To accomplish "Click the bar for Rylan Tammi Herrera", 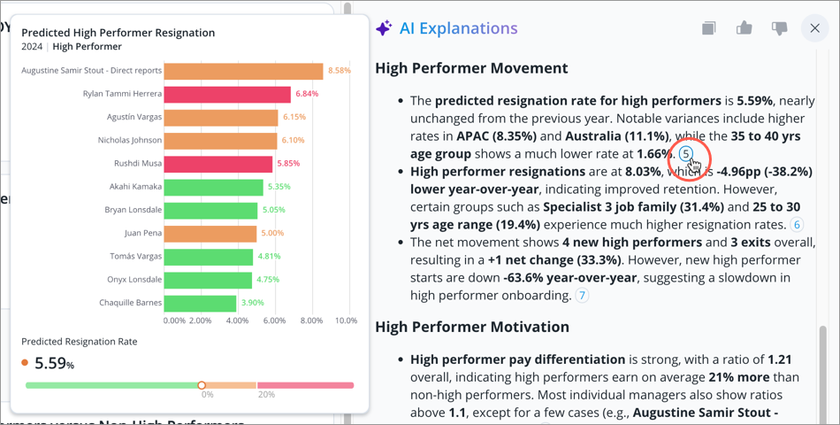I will pyautogui.click(x=227, y=95).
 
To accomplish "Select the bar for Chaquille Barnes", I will pyautogui.click(x=200, y=303).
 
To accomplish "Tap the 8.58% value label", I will pyautogui.click(x=340, y=71).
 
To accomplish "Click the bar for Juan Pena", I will pyautogui.click(x=210, y=234).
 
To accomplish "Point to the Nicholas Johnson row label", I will pyautogui.click(x=129, y=140).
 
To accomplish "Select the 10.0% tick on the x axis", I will pyautogui.click(x=346, y=321).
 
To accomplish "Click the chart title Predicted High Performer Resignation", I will pyautogui.click(x=118, y=33).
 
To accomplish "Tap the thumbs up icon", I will pyautogui.click(x=744, y=28).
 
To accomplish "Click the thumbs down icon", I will pyautogui.click(x=779, y=28).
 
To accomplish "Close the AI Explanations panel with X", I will pyautogui.click(x=814, y=28).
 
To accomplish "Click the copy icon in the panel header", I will pyautogui.click(x=708, y=28).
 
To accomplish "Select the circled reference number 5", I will pyautogui.click(x=686, y=153).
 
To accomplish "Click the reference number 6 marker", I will pyautogui.click(x=796, y=225).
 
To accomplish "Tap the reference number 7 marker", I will pyautogui.click(x=582, y=296).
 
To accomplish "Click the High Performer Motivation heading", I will pyautogui.click(x=472, y=327).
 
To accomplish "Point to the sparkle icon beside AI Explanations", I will pyautogui.click(x=384, y=28).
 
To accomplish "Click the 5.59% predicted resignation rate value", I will pyautogui.click(x=53, y=362).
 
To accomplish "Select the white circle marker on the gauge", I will pyautogui.click(x=202, y=385).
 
